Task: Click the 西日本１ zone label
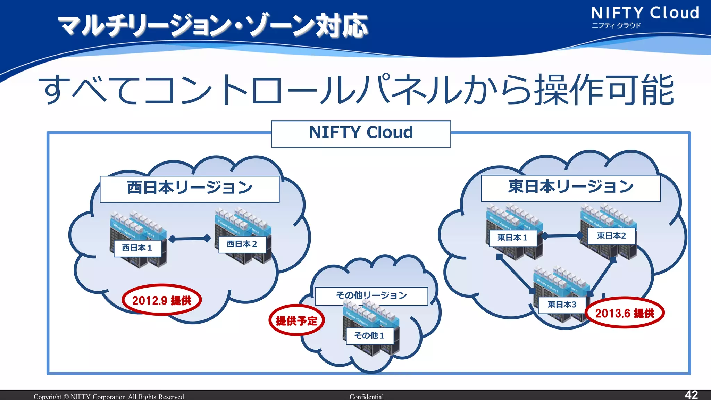tap(138, 248)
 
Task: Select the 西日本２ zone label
tap(242, 244)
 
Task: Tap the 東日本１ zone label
tap(513, 238)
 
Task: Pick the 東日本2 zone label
tap(611, 236)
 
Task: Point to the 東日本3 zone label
tap(562, 305)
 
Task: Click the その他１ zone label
tap(370, 335)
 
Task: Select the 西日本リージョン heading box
tap(190, 189)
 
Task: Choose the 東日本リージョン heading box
tap(570, 188)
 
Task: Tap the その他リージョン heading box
tap(371, 295)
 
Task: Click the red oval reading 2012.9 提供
tap(162, 300)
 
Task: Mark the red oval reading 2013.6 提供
tap(625, 313)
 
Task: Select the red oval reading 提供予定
tap(296, 320)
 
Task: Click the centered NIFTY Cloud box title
tap(361, 133)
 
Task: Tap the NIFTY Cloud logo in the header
tap(645, 17)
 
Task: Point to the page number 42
tap(691, 394)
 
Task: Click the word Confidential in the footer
tap(366, 397)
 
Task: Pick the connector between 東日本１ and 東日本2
tap(562, 236)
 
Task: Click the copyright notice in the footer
tap(109, 397)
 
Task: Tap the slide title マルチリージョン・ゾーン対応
tap(212, 26)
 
